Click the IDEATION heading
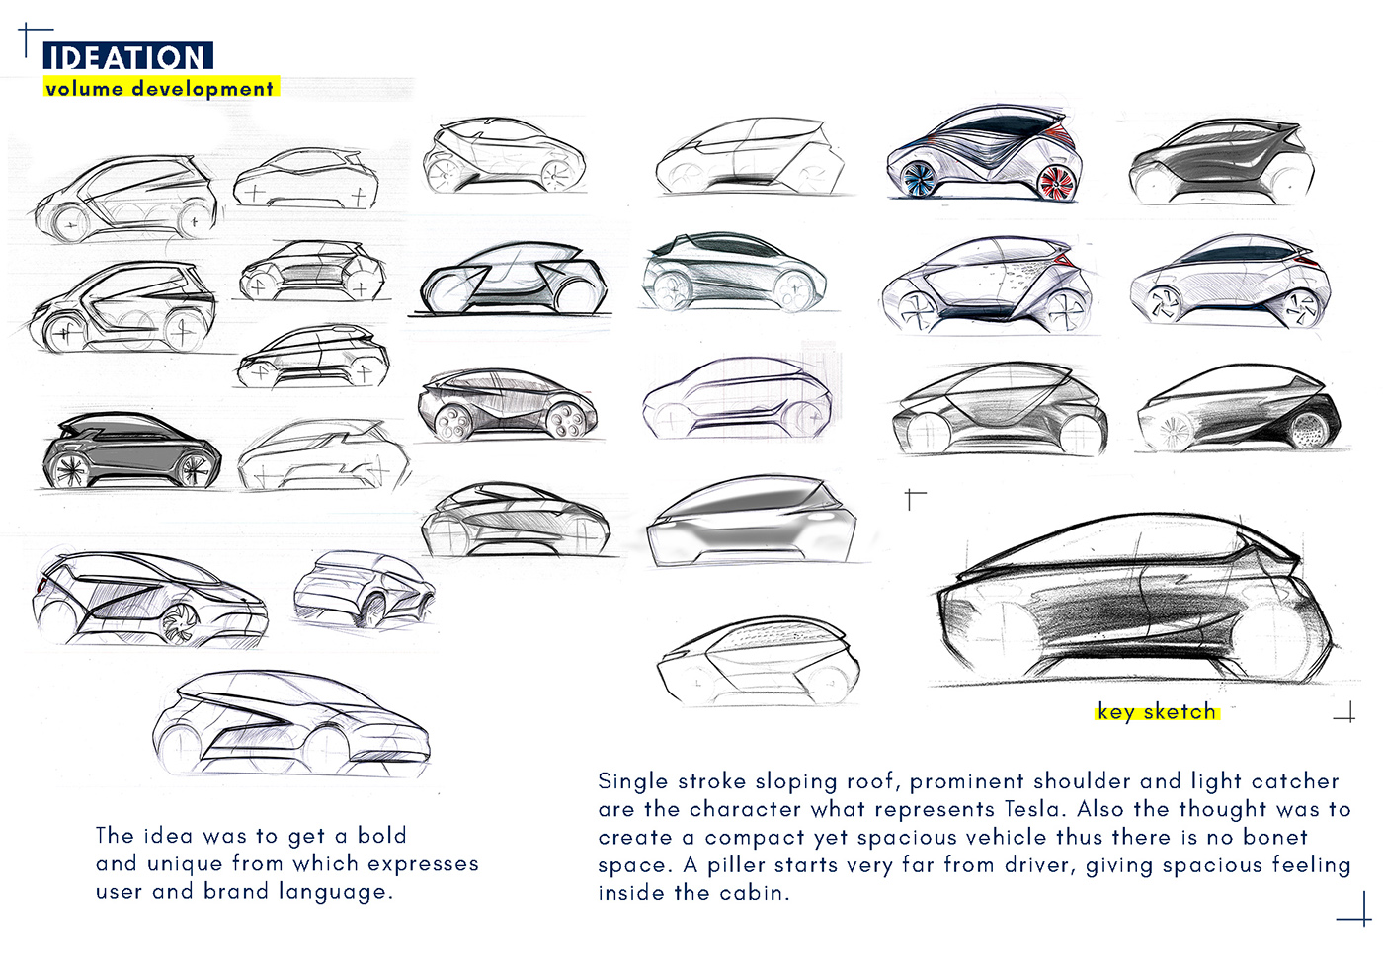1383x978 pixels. coord(126,57)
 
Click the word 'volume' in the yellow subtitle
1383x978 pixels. coord(84,89)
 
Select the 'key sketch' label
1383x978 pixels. coord(1156,712)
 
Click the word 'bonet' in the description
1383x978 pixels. coord(1275,837)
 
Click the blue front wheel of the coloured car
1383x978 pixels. coord(918,179)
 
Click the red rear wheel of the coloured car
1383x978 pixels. coord(1056,184)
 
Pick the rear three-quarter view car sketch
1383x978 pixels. coord(363,590)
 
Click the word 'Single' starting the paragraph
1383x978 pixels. coord(632,781)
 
